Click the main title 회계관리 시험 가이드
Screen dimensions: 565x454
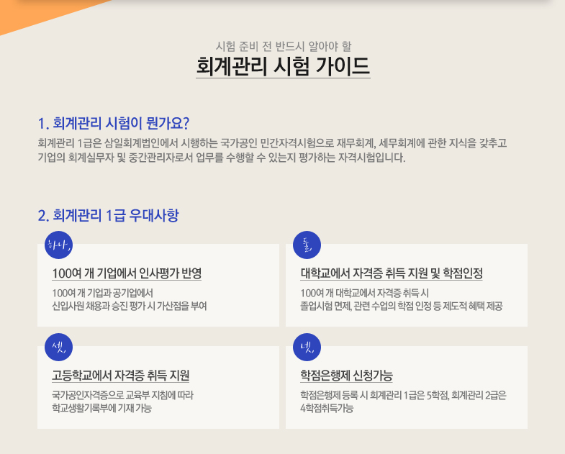[x=284, y=66]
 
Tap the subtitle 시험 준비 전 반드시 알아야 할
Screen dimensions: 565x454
[x=284, y=46]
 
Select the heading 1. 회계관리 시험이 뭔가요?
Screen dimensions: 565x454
[x=114, y=123]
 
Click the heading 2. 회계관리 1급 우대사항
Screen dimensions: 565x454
[x=108, y=215]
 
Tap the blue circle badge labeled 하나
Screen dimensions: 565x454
[x=59, y=245]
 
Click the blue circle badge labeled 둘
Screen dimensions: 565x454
[x=307, y=245]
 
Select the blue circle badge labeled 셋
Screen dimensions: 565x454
[x=59, y=347]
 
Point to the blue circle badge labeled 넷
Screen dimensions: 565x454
[x=307, y=347]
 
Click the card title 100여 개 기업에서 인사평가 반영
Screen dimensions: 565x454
[x=127, y=273]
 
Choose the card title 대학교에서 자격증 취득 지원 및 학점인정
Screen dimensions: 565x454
[x=392, y=273]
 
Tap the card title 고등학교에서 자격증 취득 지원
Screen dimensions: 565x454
[x=121, y=376]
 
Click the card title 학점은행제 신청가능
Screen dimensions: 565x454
[x=346, y=376]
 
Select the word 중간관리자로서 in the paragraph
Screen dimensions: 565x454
[x=161, y=158]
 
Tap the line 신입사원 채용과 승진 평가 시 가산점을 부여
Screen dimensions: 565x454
[x=130, y=306]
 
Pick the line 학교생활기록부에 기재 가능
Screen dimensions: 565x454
[x=102, y=408]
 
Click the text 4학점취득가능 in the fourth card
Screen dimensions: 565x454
[x=327, y=408]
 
